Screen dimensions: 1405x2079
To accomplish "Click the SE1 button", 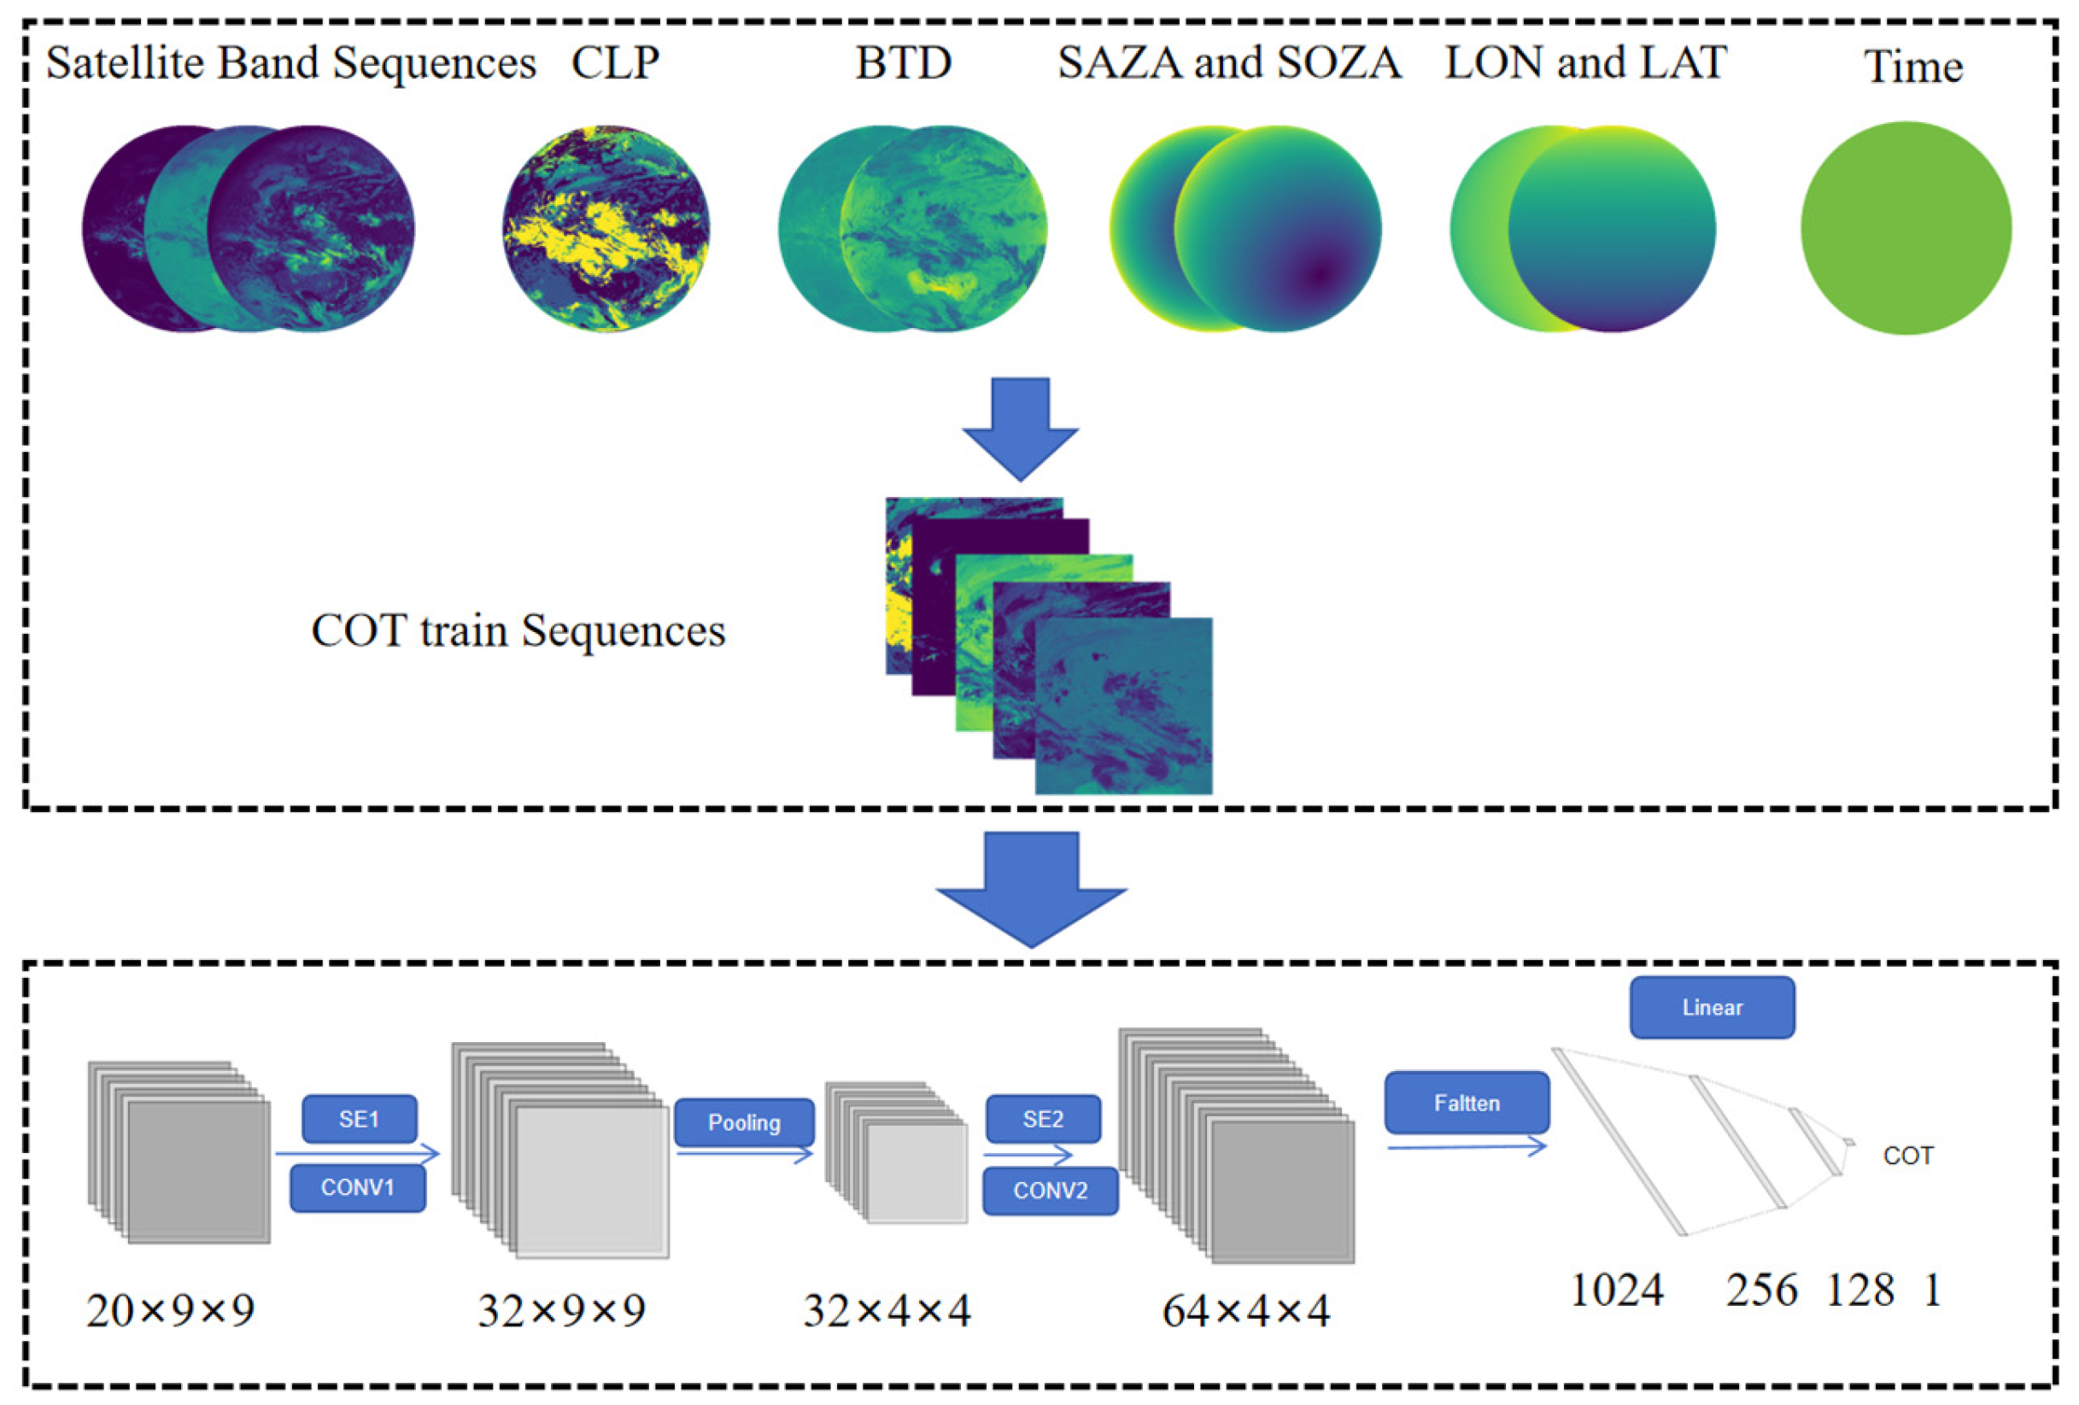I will [x=359, y=1119].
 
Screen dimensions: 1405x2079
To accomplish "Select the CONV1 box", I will [x=357, y=1188].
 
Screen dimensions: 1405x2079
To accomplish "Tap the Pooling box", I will [x=743, y=1122].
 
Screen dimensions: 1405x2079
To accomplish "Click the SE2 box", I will [x=1042, y=1119].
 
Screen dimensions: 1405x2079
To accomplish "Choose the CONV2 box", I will [x=1050, y=1191].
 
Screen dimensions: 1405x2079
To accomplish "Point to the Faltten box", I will [x=1467, y=1103].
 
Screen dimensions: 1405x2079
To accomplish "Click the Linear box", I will [x=1712, y=1007].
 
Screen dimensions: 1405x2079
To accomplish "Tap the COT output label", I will [x=1907, y=1156].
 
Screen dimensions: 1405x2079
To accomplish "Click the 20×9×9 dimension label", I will [x=170, y=1310].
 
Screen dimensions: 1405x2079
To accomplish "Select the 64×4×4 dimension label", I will [x=1245, y=1311].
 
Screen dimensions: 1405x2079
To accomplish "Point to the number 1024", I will [x=1617, y=1290].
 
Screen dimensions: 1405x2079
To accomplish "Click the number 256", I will [x=1760, y=1290].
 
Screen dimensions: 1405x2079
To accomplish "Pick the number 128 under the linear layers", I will [x=1859, y=1290].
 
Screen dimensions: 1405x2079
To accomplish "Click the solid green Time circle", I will [x=1906, y=228].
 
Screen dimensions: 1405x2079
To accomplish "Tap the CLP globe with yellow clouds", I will [x=606, y=228].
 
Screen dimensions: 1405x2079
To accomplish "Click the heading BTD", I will [x=903, y=62].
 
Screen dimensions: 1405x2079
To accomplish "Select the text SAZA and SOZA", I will [x=1229, y=62].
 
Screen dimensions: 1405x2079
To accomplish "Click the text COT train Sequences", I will [x=518, y=630].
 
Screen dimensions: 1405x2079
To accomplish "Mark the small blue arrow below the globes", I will [x=1020, y=430].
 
